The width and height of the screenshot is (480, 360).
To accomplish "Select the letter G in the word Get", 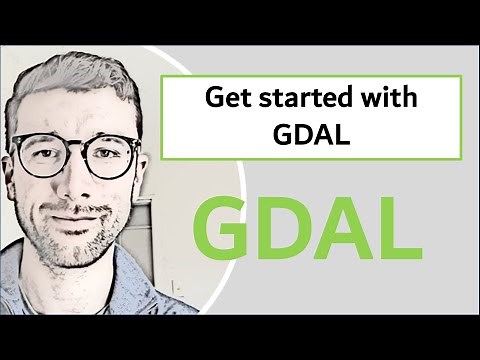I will tap(212, 98).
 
